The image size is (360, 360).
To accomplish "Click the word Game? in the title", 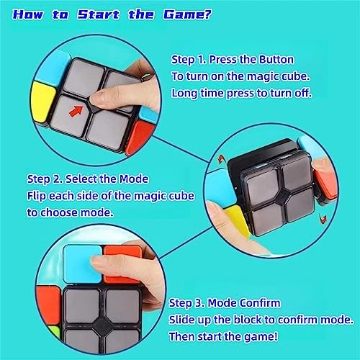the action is (187, 14).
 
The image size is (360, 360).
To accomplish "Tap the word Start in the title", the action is (99, 14).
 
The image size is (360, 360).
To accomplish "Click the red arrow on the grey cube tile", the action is (76, 112).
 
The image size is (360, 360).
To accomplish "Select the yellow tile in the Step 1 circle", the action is (43, 102).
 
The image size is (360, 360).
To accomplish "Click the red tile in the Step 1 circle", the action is (139, 138).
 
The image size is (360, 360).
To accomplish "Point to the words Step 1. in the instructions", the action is (189, 60).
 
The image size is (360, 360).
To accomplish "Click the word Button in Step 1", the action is (276, 59).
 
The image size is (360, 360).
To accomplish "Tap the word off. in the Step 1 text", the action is (303, 93).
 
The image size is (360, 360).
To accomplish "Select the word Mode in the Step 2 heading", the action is (134, 179).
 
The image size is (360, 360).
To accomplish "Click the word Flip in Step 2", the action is (36, 197).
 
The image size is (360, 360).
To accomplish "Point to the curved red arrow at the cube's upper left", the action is (221, 159).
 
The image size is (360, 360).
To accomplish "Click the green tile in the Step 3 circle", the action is (54, 334).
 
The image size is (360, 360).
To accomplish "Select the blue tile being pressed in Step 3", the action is (82, 264).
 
